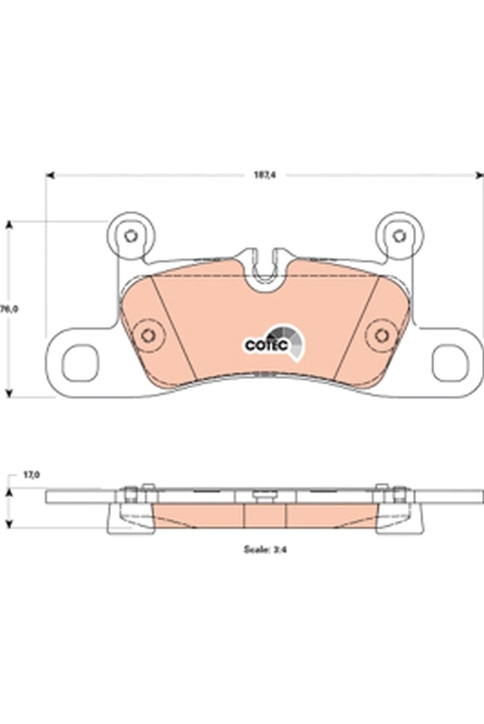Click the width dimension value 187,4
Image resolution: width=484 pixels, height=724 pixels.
[265, 175]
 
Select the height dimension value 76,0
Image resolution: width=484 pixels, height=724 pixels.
[9, 309]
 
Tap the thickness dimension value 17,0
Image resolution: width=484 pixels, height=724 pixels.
[32, 474]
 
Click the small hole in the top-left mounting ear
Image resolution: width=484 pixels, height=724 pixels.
[130, 236]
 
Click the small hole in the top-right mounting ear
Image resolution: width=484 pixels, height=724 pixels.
[397, 236]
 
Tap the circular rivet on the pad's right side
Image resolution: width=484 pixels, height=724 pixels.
[382, 336]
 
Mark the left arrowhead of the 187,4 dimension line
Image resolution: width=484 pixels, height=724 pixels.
[50, 175]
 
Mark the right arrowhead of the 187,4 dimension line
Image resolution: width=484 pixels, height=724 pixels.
[478, 175]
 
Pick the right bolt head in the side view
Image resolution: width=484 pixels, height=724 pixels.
[398, 493]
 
